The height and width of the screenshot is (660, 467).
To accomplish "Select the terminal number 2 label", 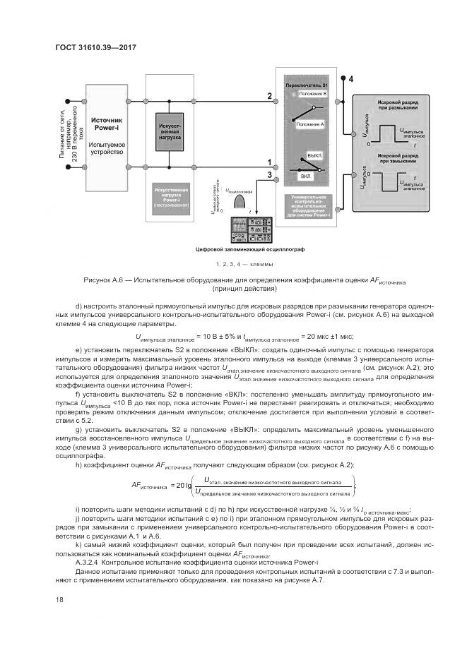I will click(268, 96).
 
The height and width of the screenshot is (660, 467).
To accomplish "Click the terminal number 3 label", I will click(268, 174).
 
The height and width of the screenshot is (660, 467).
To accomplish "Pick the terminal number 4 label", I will click(351, 79).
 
